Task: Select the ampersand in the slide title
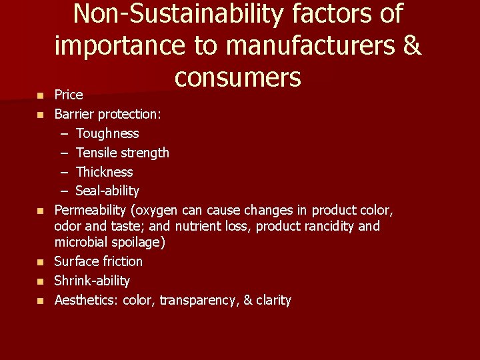(411, 45)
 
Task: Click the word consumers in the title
(238, 77)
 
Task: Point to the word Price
(69, 95)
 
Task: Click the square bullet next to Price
(40, 96)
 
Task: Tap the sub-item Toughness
(107, 133)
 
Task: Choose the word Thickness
(104, 172)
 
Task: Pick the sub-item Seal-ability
(107, 191)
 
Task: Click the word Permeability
(92, 211)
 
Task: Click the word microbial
(79, 242)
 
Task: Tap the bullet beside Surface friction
(40, 262)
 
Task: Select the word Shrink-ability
(92, 281)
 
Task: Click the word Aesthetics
(85, 300)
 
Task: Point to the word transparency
(198, 301)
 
